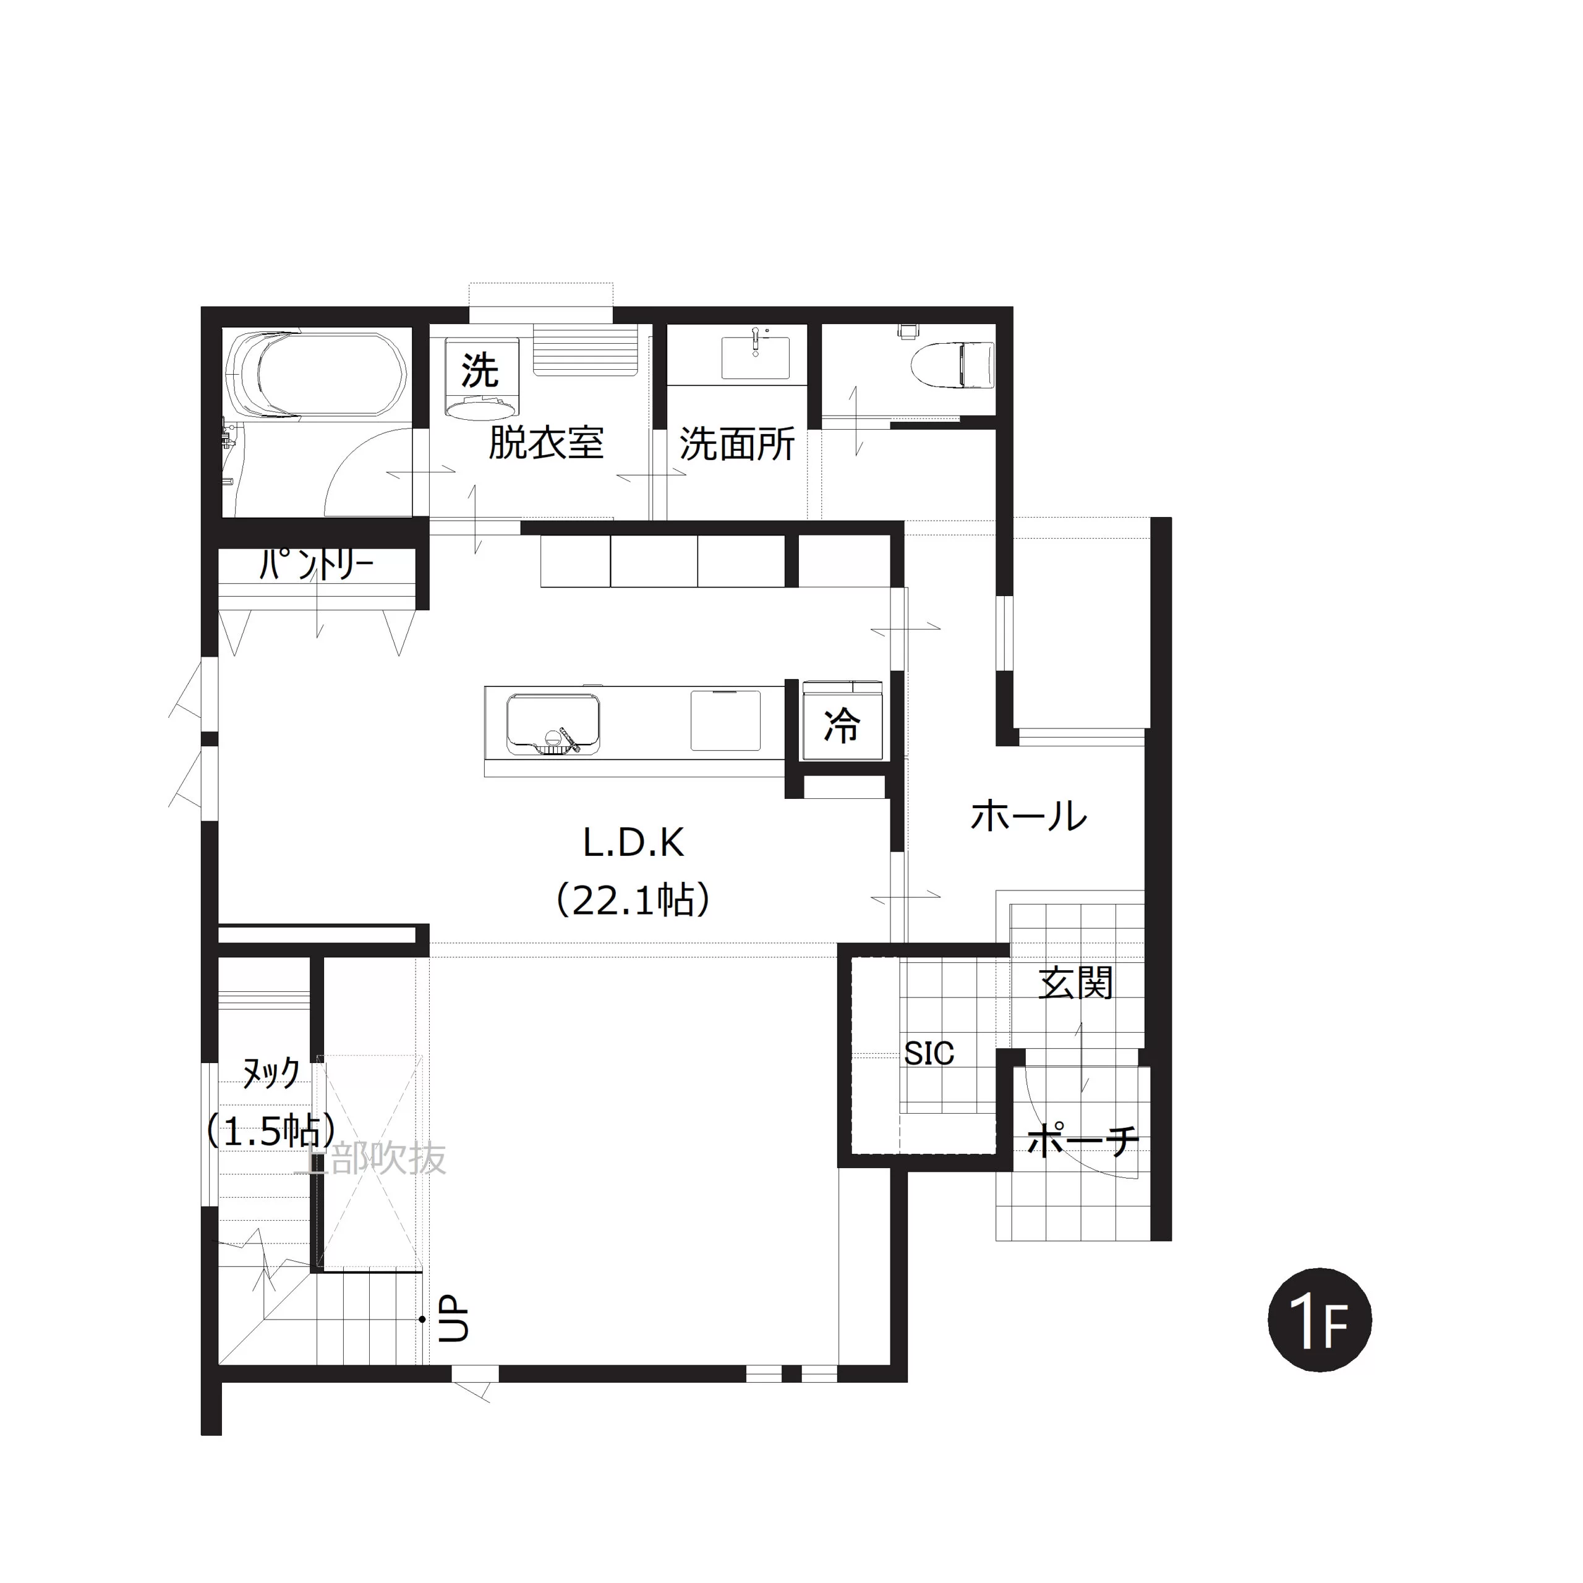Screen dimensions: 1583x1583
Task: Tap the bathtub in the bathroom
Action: (315, 376)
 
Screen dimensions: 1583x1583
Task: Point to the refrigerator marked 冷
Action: (842, 720)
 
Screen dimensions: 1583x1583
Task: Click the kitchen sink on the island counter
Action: (552, 724)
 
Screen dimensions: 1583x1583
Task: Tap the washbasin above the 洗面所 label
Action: (754, 356)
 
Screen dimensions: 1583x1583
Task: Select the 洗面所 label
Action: (736, 444)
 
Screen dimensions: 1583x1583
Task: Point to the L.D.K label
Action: (633, 842)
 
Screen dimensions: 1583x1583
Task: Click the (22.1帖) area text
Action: (633, 900)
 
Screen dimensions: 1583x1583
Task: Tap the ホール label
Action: (1028, 815)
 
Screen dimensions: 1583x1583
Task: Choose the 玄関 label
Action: (1075, 983)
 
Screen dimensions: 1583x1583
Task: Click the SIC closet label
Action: (929, 1053)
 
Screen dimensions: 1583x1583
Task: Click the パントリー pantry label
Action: (316, 564)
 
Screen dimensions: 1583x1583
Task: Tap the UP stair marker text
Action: (453, 1319)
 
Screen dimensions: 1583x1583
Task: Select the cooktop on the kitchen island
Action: (725, 720)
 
